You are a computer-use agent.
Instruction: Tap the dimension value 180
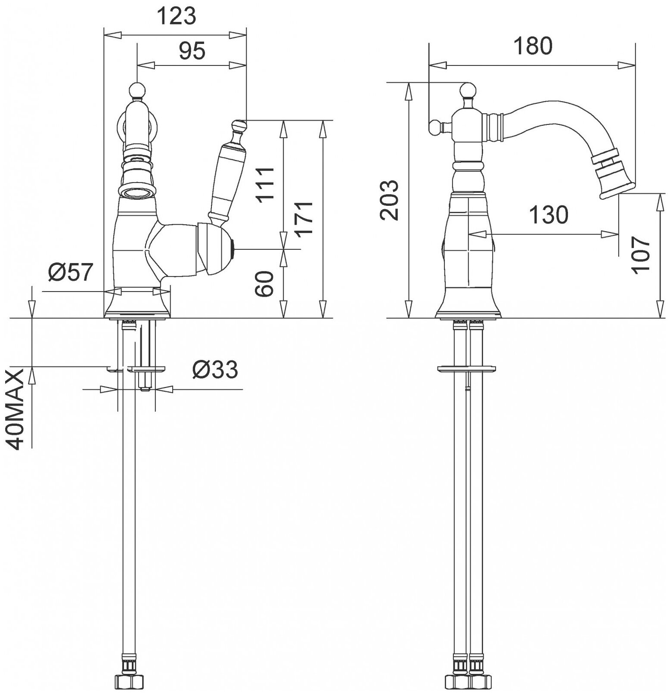tap(532, 46)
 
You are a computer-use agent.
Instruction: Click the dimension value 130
tap(548, 214)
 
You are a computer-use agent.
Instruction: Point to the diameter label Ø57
tap(71, 273)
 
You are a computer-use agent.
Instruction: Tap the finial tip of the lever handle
tap(238, 126)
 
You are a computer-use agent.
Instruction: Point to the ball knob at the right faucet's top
tap(468, 90)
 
